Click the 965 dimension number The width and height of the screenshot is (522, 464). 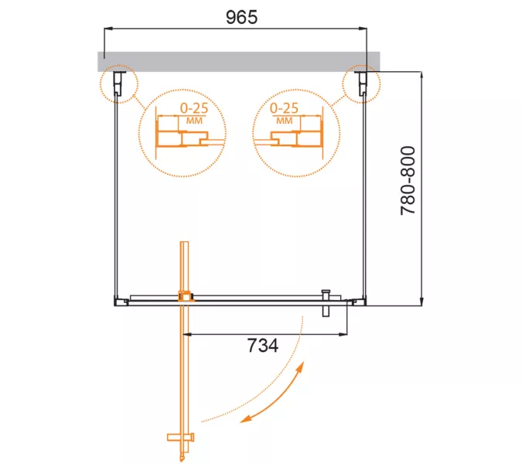tap(242, 17)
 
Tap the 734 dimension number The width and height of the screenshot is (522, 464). tap(263, 345)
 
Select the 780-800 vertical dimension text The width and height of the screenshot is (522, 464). tap(408, 180)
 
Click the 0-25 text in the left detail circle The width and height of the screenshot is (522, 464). tap(194, 108)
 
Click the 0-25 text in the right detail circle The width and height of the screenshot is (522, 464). tap(284, 108)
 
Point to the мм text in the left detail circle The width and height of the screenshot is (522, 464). tap(194, 120)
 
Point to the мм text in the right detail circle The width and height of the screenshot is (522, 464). tap(285, 120)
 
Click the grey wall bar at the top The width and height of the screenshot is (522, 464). tap(239, 62)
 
